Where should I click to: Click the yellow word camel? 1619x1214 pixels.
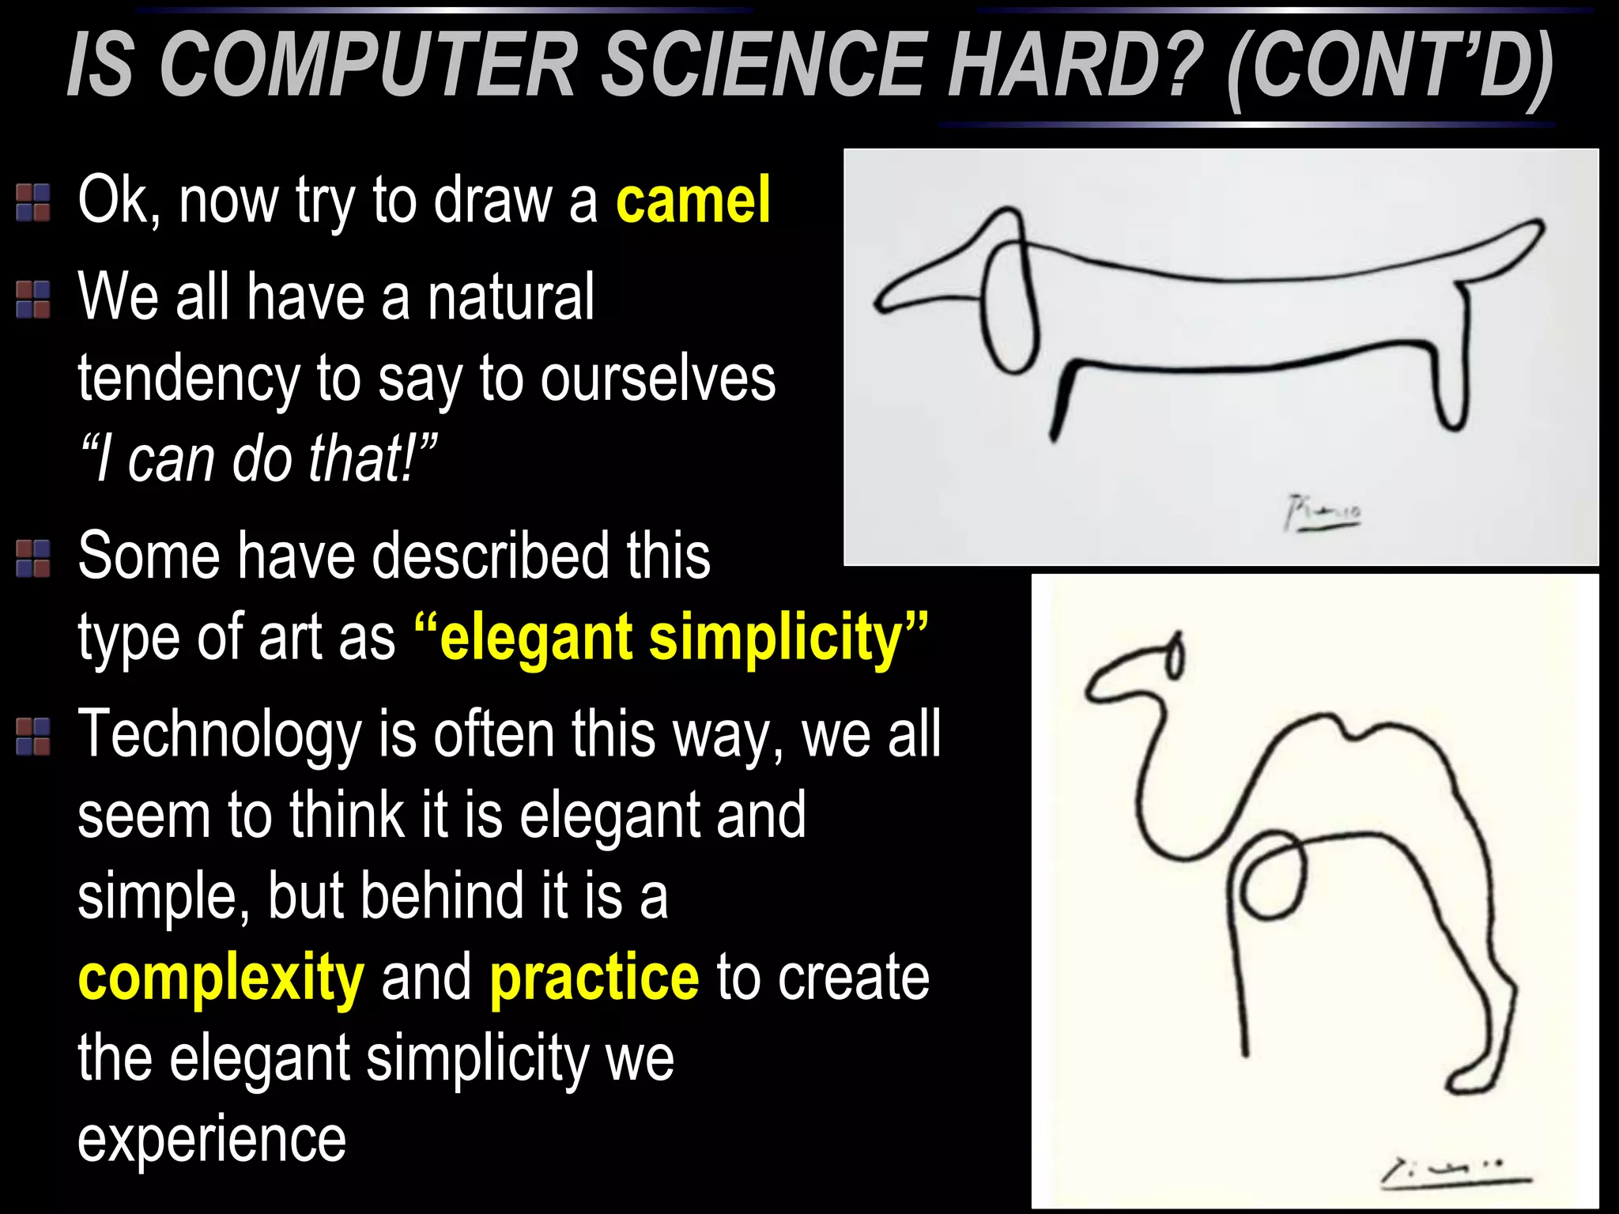tap(693, 201)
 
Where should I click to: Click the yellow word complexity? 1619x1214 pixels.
tap(221, 978)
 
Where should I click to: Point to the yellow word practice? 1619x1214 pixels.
tap(594, 978)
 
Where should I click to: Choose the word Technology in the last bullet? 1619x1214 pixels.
tap(219, 735)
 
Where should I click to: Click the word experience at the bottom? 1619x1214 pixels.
tap(212, 1139)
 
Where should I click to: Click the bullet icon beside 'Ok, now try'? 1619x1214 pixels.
tap(33, 202)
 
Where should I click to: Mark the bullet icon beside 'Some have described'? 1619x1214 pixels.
tap(33, 558)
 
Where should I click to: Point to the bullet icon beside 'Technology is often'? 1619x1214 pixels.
tap(33, 737)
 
